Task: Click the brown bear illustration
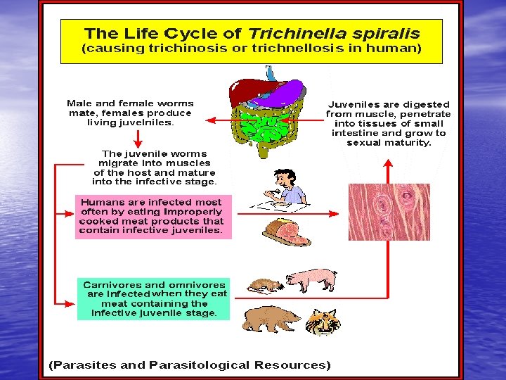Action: (270, 319)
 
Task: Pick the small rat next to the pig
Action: (266, 283)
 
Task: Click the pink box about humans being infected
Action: (153, 215)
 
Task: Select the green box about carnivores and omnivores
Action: (153, 298)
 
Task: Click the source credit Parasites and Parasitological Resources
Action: (188, 365)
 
